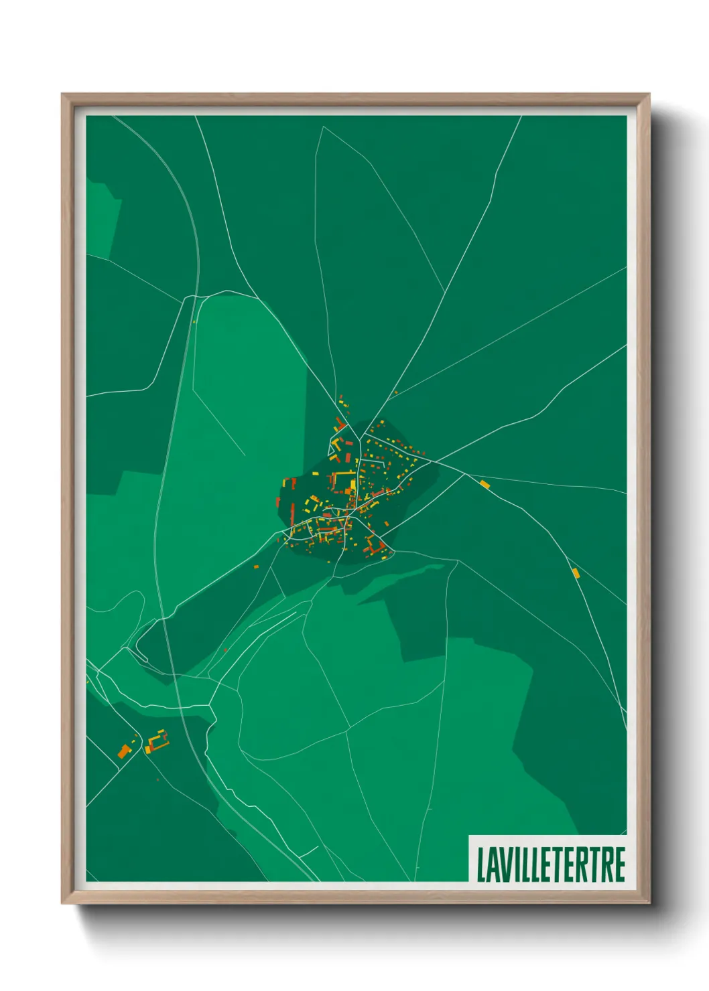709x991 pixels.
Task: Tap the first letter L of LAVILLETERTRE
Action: (480, 864)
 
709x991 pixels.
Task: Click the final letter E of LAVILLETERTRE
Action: (620, 864)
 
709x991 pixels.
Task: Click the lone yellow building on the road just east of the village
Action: (485, 483)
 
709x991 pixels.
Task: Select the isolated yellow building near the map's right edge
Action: (576, 573)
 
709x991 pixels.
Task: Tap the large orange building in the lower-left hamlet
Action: (123, 750)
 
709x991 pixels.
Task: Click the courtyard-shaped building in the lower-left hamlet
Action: (158, 741)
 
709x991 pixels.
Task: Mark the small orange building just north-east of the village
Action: (395, 392)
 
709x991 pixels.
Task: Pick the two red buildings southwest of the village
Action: (256, 566)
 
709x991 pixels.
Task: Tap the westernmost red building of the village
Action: (277, 502)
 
